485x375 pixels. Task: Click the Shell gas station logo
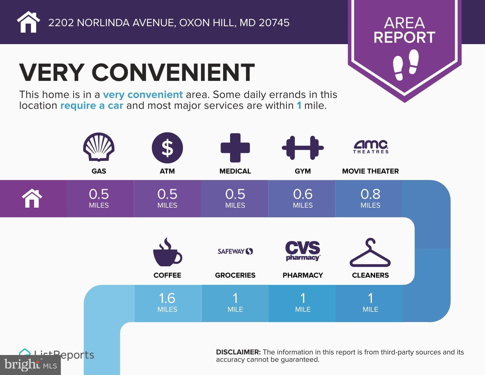click(x=99, y=147)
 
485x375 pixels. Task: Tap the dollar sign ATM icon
click(x=167, y=148)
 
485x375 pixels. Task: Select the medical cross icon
click(x=235, y=148)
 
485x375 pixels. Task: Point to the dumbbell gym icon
click(x=303, y=148)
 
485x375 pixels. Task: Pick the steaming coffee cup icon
click(x=167, y=252)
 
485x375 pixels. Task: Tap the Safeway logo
click(x=235, y=251)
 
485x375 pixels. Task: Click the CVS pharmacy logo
click(x=303, y=251)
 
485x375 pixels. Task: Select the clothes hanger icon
click(x=370, y=252)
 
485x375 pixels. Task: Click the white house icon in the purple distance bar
click(x=32, y=198)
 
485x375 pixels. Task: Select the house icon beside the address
click(x=28, y=22)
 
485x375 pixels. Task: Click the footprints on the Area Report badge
click(x=406, y=65)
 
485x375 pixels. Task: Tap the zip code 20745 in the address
click(x=274, y=23)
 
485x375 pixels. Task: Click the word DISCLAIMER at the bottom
click(x=238, y=352)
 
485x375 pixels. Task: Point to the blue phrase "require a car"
click(x=91, y=106)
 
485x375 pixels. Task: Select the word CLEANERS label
click(x=370, y=275)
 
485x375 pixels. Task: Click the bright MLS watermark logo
click(x=31, y=365)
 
